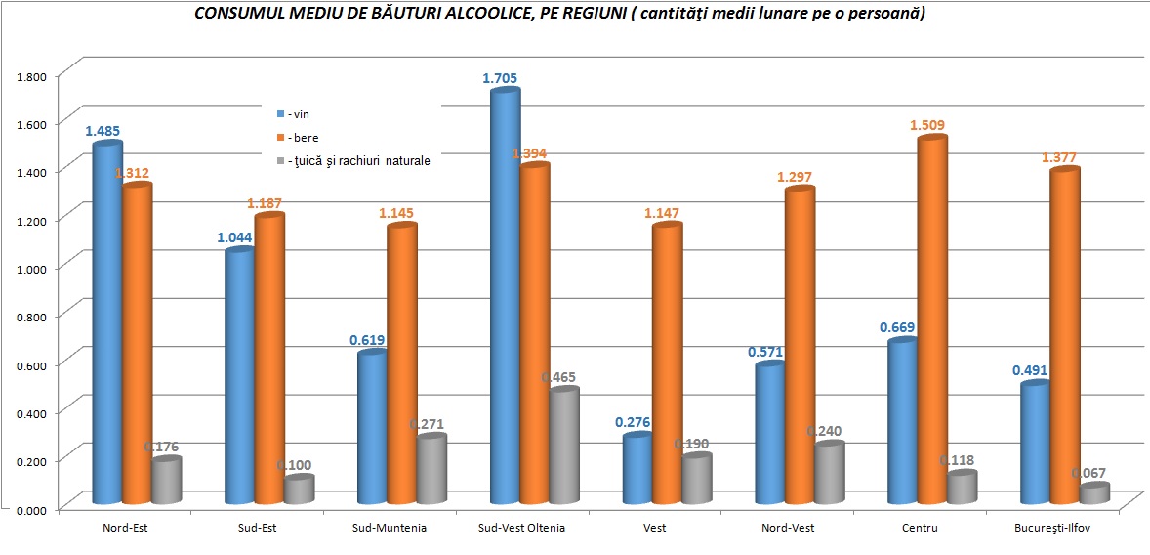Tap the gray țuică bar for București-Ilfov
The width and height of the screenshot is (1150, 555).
click(1094, 493)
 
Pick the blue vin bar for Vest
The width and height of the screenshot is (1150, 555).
click(637, 469)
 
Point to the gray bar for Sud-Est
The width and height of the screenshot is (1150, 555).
click(298, 490)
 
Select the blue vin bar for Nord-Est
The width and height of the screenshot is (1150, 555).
click(106, 322)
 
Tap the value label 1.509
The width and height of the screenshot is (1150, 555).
click(927, 125)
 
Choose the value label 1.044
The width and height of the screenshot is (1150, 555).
click(236, 237)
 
